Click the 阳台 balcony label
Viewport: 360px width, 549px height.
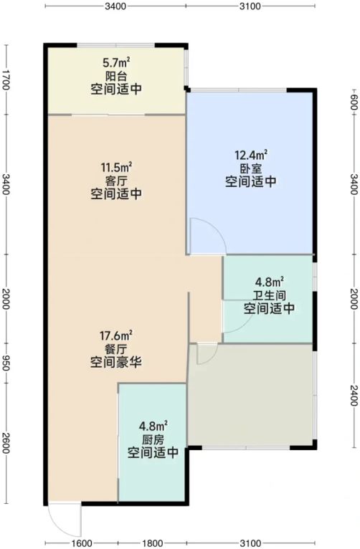pyautogui.click(x=116, y=76)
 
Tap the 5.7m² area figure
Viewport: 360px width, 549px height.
pyautogui.click(x=116, y=63)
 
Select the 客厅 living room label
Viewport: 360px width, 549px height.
pyautogui.click(x=116, y=181)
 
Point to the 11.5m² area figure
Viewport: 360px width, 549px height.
pyautogui.click(x=116, y=168)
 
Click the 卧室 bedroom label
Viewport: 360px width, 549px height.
pyautogui.click(x=251, y=168)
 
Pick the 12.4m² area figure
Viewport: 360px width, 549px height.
pyautogui.click(x=251, y=155)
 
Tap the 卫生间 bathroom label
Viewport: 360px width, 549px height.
pyautogui.click(x=269, y=295)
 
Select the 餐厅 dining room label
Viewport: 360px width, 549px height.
pyautogui.click(x=116, y=349)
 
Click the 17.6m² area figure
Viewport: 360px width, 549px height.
pyautogui.click(x=116, y=335)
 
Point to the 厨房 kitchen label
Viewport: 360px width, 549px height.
pyautogui.click(x=153, y=439)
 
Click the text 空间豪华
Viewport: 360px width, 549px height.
pyautogui.click(x=116, y=362)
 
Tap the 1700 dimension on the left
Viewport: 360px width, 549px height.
pyautogui.click(x=6, y=79)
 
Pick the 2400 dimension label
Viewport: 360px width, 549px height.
pyautogui.click(x=354, y=396)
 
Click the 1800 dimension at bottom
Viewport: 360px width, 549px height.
pyautogui.click(x=151, y=543)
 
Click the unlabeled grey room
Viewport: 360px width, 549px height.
pyautogui.click(x=251, y=395)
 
